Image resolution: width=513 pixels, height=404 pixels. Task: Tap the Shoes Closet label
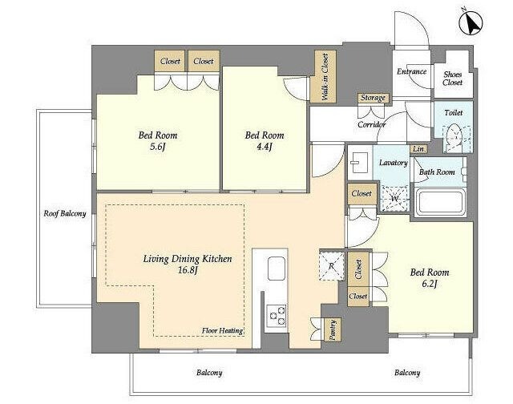[x=453, y=78]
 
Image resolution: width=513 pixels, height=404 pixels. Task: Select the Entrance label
[x=411, y=72]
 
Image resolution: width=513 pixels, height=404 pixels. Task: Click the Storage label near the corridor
[x=373, y=98]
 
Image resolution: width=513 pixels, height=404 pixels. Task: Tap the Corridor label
[x=371, y=124]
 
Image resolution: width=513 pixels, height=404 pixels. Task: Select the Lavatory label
[x=393, y=163]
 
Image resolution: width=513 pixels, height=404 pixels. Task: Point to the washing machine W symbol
[x=394, y=197]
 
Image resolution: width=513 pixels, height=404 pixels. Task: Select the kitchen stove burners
[x=277, y=314]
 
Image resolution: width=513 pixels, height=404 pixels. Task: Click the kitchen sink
[x=276, y=268]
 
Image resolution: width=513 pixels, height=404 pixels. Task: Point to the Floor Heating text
[x=222, y=330]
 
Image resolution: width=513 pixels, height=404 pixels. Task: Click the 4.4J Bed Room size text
[x=265, y=147]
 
